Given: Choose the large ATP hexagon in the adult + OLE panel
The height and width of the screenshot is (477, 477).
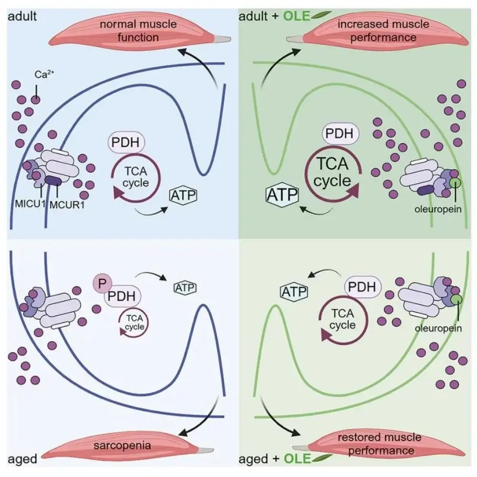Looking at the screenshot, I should coord(281,195).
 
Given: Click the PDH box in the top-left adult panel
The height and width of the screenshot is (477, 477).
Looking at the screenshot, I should coord(125,142).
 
